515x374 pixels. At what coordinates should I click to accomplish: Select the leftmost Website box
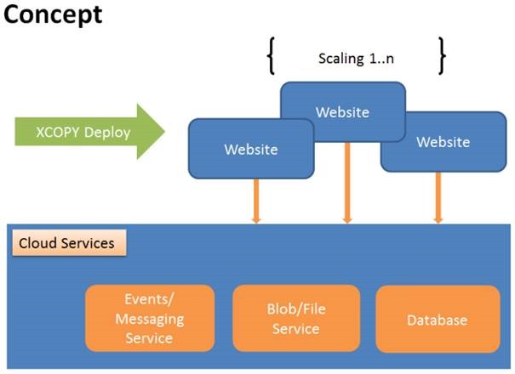250,149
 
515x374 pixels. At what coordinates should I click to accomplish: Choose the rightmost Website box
443,142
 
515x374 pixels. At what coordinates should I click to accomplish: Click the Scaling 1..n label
356,59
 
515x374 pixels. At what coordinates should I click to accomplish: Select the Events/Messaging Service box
149,319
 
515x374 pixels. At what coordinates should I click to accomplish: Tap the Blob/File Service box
295,319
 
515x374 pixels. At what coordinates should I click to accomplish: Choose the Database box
437,320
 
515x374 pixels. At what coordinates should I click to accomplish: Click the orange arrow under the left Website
255,201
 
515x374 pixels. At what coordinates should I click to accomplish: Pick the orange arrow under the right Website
438,197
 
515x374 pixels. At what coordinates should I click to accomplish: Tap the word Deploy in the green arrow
112,132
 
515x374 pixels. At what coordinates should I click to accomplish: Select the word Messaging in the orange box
149,319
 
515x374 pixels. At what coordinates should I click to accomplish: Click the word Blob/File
295,310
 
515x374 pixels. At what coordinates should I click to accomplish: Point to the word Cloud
38,243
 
